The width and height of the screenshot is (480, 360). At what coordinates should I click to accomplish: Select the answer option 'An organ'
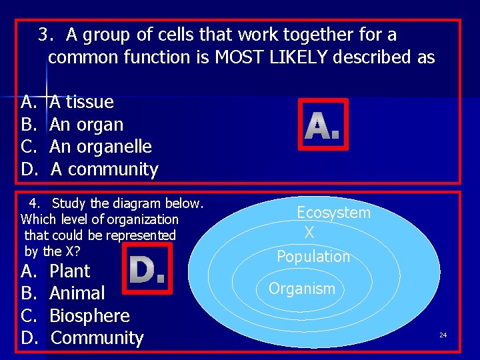coord(86,125)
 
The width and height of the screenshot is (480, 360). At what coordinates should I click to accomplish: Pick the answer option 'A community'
coord(104,169)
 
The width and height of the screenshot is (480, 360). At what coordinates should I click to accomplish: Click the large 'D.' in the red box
coord(147,269)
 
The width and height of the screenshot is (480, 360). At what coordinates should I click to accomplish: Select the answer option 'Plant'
coord(69,271)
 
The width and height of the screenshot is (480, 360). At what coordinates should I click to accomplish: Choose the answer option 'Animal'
coord(77,293)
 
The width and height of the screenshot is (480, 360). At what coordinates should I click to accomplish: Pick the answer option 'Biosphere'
coord(89,315)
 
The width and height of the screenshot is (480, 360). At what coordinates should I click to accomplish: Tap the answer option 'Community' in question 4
coord(97,338)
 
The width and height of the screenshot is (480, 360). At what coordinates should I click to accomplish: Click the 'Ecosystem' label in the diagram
coord(333,213)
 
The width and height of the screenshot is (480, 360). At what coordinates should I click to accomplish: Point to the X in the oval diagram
coord(309,233)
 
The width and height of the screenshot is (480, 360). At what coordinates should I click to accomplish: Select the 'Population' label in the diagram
coord(313,257)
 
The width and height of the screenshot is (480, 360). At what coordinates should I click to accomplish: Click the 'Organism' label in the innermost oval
coord(301,289)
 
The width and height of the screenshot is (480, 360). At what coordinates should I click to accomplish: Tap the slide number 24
coord(443,335)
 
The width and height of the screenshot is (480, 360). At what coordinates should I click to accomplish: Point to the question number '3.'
coord(45,34)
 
